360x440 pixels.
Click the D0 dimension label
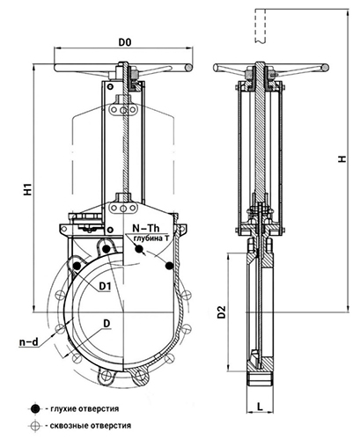pyautogui.click(x=125, y=42)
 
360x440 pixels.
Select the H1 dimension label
pyautogui.click(x=27, y=189)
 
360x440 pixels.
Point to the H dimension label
pyautogui.click(x=342, y=158)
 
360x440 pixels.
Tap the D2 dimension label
pyautogui.click(x=222, y=312)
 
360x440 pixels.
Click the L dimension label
pyautogui.click(x=260, y=407)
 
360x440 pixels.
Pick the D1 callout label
pyautogui.click(x=105, y=286)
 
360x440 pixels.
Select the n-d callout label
pyautogui.click(x=29, y=342)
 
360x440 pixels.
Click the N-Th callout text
pyautogui.click(x=146, y=228)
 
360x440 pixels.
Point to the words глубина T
pyautogui.click(x=151, y=238)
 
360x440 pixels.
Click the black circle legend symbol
pyautogui.click(x=35, y=408)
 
